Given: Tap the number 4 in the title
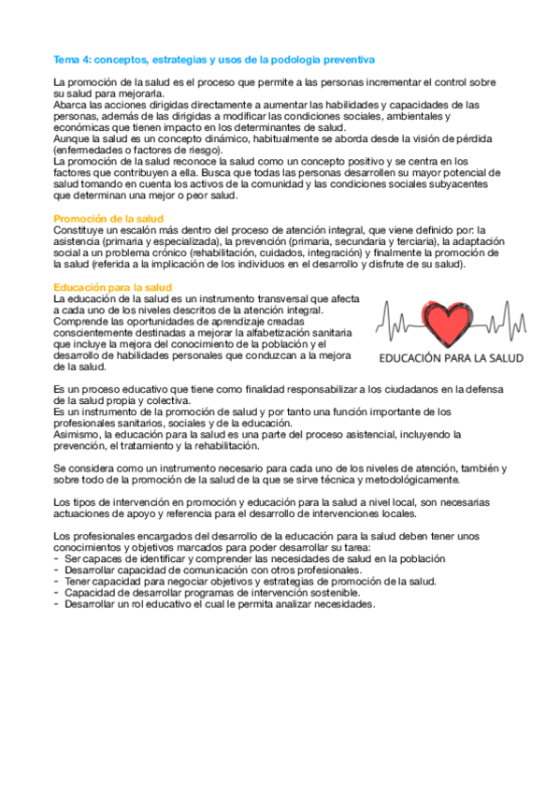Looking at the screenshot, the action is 87,57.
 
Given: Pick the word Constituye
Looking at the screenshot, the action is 79,229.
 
